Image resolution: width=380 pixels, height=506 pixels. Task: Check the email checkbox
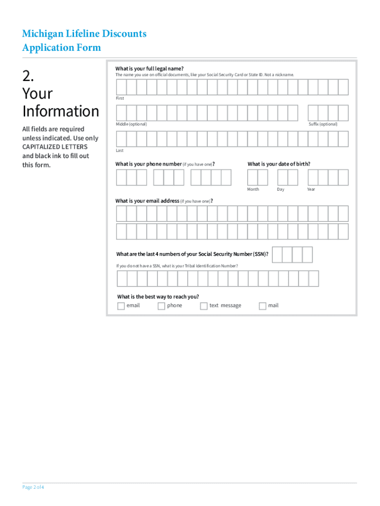[121, 306]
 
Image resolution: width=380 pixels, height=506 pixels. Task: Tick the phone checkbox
[161, 306]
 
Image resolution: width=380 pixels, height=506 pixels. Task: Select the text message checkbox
[204, 306]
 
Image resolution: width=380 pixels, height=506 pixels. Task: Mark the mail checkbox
[263, 306]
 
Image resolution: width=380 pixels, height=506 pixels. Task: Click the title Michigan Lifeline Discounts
[84, 34]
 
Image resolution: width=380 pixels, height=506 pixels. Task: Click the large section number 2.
[29, 76]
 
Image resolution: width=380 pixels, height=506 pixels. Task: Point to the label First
[120, 98]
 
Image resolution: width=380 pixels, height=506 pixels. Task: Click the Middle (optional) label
[131, 124]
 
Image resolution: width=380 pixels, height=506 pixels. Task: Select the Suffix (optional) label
[323, 124]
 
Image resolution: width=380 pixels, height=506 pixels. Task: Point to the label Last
[120, 150]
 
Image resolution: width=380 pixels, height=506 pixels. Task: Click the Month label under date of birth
[253, 189]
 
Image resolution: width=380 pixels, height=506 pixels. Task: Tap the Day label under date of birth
[280, 189]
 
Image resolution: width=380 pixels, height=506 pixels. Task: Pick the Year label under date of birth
[311, 189]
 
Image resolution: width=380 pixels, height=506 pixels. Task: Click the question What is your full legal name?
[149, 68]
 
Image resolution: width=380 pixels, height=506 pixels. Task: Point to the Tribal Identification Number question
[177, 266]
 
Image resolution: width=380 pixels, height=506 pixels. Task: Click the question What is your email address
[147, 201]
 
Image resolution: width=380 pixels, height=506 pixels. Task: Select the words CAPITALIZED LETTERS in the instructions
[55, 147]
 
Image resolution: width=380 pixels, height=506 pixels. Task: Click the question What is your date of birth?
[279, 164]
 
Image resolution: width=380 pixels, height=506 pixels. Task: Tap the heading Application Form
[61, 47]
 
